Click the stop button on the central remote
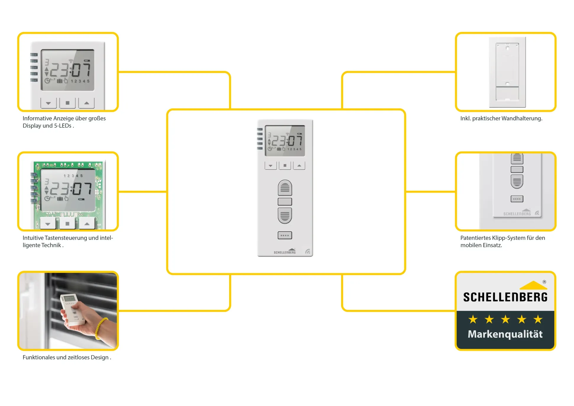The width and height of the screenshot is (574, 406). [x=285, y=165]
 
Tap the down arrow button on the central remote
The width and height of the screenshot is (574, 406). [x=270, y=165]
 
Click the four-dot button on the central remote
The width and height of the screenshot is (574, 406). [x=285, y=235]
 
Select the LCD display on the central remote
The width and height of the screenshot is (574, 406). [x=285, y=141]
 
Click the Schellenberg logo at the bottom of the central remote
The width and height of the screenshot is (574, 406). [x=285, y=251]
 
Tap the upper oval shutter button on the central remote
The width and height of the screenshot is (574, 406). [x=285, y=188]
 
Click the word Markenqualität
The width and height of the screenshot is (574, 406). [x=505, y=334]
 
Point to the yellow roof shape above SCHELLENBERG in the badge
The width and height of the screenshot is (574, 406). [x=533, y=285]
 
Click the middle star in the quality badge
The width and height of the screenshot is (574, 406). [x=505, y=319]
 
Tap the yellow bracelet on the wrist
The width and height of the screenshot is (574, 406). [x=101, y=328]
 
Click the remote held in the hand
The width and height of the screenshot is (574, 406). [x=71, y=309]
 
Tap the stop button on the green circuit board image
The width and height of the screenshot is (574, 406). [x=67, y=224]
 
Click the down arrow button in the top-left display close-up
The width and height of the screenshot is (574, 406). [x=49, y=103]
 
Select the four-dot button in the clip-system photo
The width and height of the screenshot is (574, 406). [x=517, y=199]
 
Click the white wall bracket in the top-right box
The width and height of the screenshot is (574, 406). [x=507, y=72]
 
